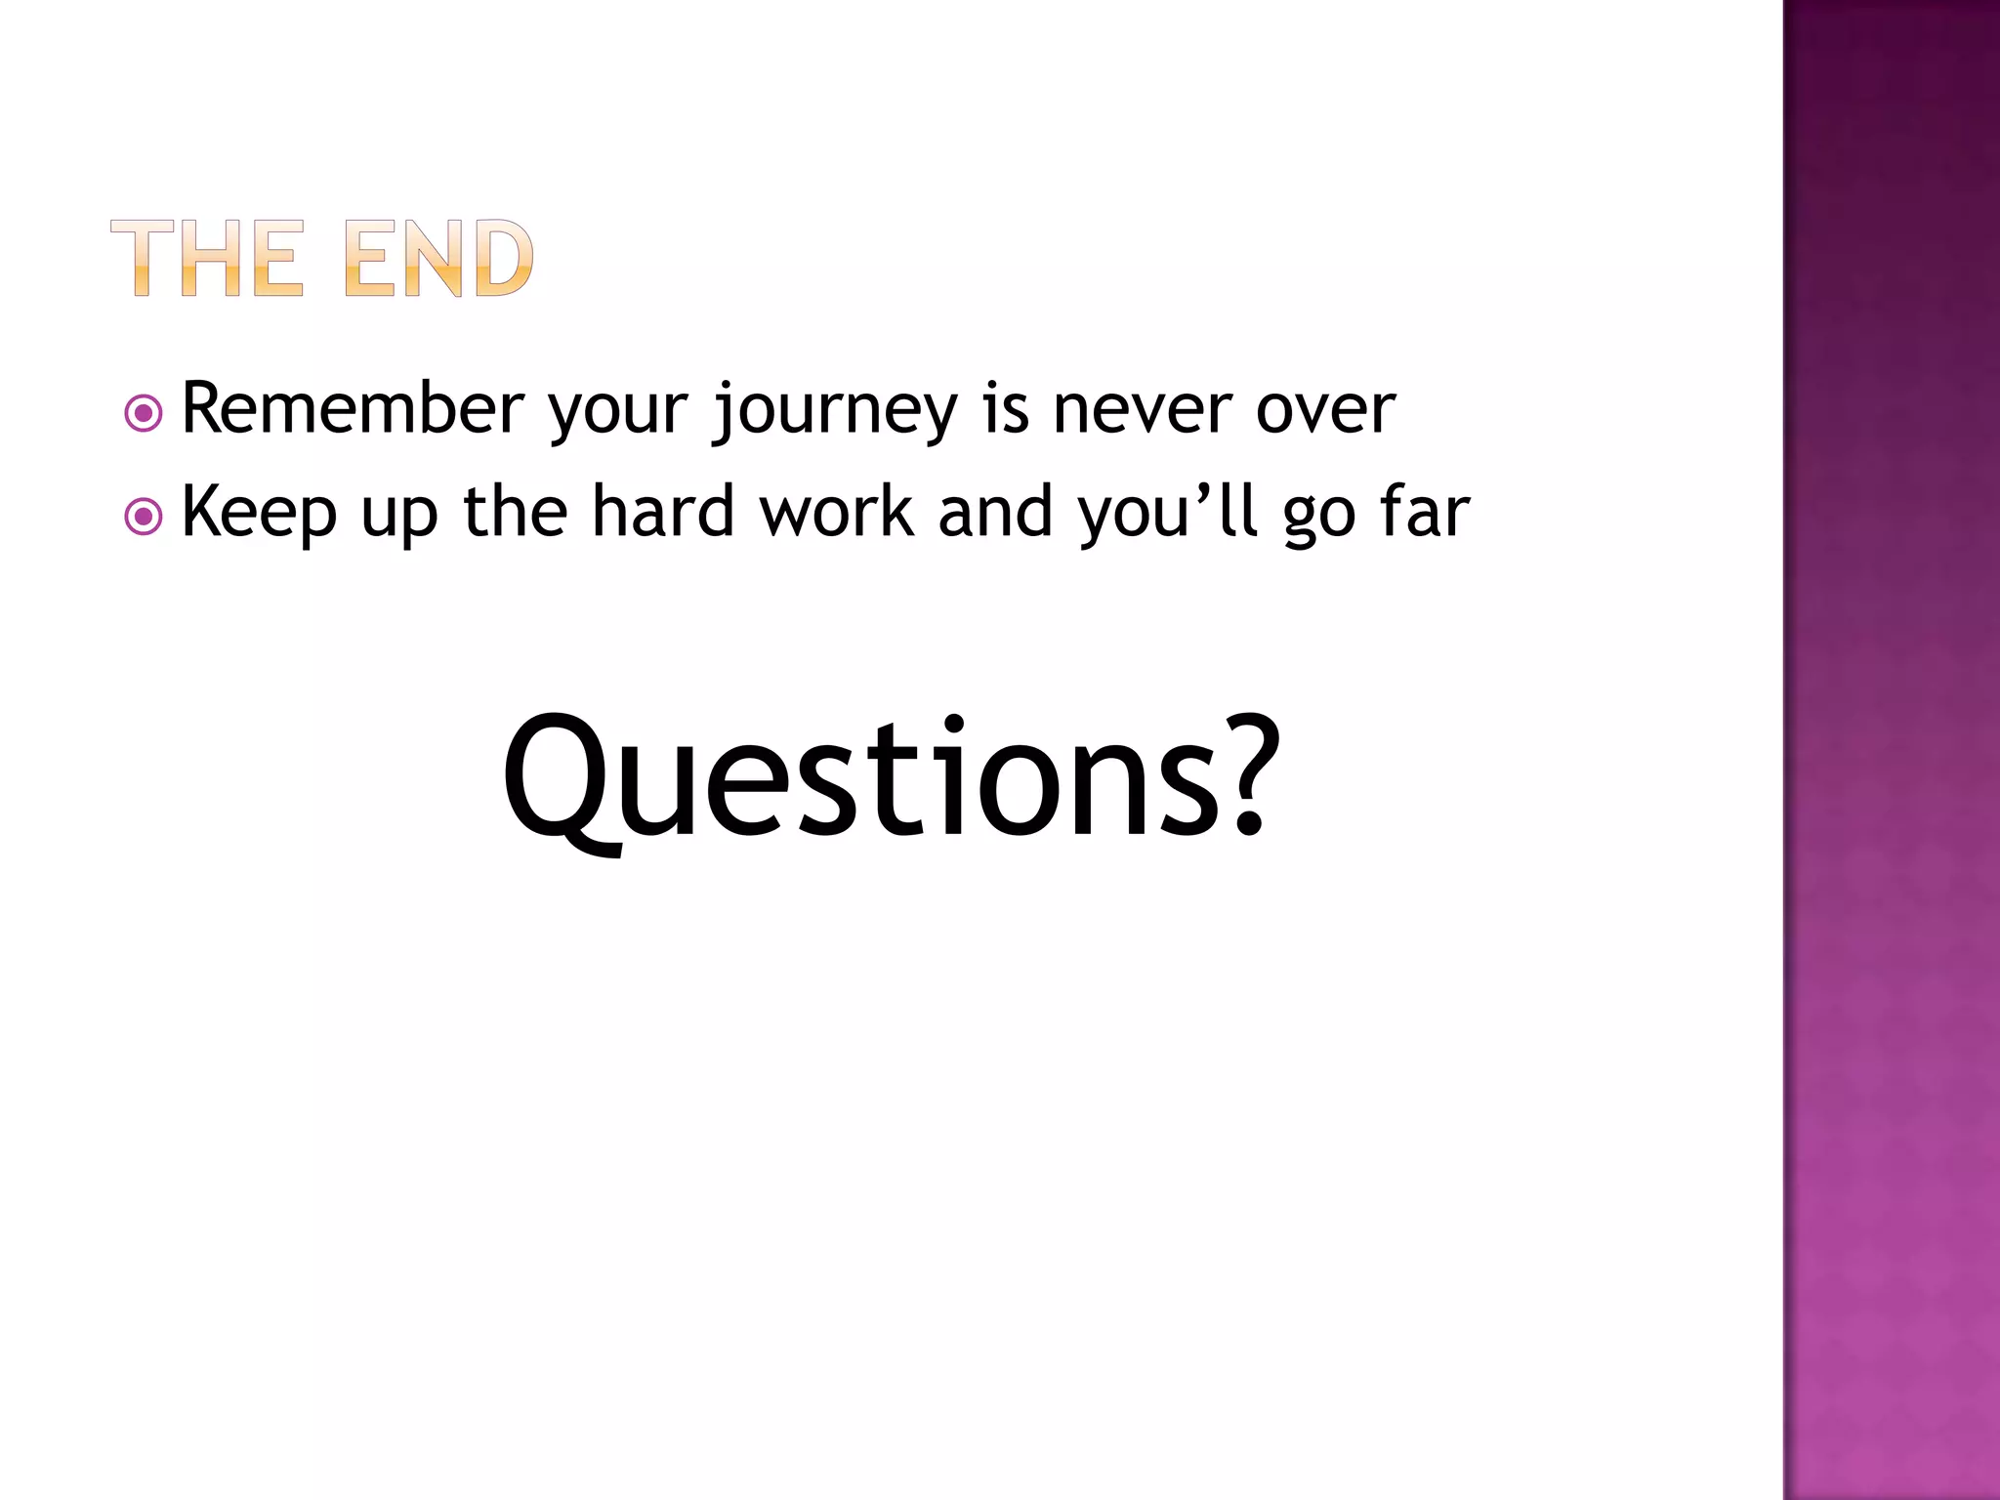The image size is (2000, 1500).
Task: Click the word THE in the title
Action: point(207,258)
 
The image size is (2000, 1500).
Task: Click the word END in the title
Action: point(438,258)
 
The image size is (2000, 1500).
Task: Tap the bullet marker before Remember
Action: point(144,413)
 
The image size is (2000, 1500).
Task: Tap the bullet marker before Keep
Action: point(144,517)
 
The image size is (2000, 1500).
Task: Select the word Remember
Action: point(354,408)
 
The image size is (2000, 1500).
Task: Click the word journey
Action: point(836,410)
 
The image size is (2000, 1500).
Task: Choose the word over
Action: point(1325,410)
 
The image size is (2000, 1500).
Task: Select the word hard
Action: point(663,512)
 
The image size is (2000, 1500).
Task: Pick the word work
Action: point(838,512)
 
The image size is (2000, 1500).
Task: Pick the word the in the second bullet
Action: point(515,512)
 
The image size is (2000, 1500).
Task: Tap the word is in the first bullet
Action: point(1006,408)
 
